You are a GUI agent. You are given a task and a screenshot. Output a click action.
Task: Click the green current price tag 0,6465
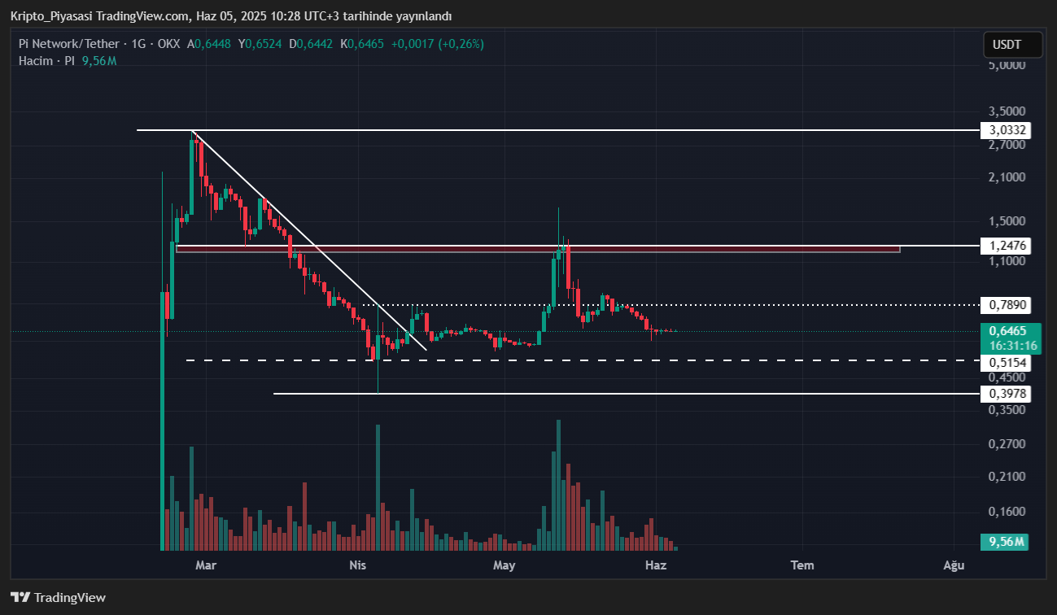pos(1006,331)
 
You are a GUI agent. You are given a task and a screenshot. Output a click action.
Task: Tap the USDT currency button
pos(1011,45)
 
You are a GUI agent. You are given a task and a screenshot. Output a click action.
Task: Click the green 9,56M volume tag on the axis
pos(1005,542)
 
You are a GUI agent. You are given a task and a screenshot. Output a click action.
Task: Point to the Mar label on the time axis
pos(205,565)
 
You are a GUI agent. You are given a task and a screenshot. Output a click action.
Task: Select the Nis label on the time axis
pos(356,565)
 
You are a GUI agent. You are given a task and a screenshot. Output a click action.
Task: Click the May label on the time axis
pos(504,565)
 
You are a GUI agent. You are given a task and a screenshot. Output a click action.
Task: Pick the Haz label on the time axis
pos(656,565)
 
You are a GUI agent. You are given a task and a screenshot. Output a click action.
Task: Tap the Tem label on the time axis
pos(803,565)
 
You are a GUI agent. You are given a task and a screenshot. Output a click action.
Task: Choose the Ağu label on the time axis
pos(954,565)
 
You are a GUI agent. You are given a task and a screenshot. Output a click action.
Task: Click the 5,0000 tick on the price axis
pos(1007,65)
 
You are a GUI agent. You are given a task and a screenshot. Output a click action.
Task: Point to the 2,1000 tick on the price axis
pos(1007,177)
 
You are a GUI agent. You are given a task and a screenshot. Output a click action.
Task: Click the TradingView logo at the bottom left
pos(59,597)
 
